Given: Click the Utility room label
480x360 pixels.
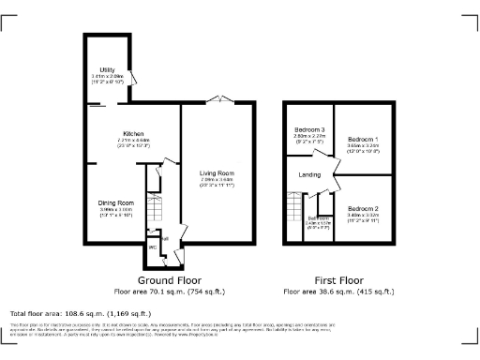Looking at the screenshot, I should (x=108, y=69).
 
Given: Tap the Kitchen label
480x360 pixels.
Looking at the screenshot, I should (x=132, y=133).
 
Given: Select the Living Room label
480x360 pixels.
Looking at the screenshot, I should (x=217, y=173).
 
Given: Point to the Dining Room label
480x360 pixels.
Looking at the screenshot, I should (x=117, y=202).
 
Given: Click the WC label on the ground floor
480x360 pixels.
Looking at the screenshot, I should (x=152, y=247).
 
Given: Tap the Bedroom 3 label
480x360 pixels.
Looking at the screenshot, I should (x=309, y=128).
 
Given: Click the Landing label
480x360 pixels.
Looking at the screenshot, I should (x=309, y=174).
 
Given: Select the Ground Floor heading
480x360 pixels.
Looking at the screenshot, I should (x=170, y=280).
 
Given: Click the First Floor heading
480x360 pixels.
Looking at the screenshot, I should (x=337, y=280).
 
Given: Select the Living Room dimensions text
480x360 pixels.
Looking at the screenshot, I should (x=217, y=182).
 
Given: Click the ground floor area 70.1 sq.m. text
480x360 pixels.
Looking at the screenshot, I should (x=170, y=292).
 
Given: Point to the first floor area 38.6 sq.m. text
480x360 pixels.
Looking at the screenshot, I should (x=337, y=292).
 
